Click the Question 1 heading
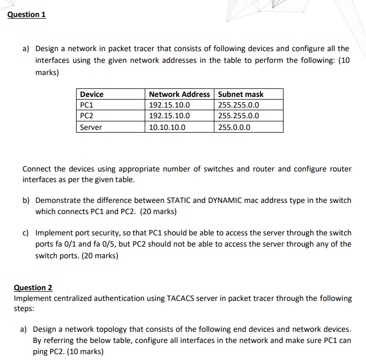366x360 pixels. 27,14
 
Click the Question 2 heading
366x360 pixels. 33,288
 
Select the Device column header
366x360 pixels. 91,94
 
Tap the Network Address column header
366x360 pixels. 179,94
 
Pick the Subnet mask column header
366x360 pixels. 240,94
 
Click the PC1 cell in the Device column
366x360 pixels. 87,105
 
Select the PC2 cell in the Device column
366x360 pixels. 87,116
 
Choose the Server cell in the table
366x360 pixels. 90,127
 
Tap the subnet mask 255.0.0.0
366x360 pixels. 234,127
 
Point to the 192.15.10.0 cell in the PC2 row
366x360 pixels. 169,116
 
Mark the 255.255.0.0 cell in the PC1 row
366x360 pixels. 238,105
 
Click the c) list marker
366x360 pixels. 26,233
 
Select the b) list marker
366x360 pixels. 26,200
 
